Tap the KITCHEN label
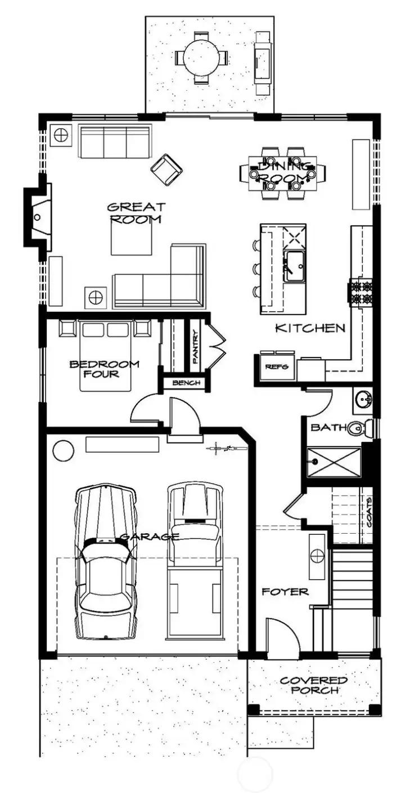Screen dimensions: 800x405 [310, 328]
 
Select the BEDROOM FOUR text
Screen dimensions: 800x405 [104, 369]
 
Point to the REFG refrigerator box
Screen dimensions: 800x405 [277, 367]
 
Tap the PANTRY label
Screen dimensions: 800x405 [195, 347]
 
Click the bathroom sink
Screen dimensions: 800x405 [363, 399]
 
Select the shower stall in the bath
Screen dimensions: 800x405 [332, 463]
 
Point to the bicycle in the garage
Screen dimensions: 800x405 [226, 449]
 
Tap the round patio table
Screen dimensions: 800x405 [201, 57]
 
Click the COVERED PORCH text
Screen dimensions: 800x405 [314, 685]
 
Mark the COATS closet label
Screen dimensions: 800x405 [368, 511]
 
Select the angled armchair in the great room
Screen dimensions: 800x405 [167, 169]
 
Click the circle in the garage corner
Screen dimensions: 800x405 [62, 450]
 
